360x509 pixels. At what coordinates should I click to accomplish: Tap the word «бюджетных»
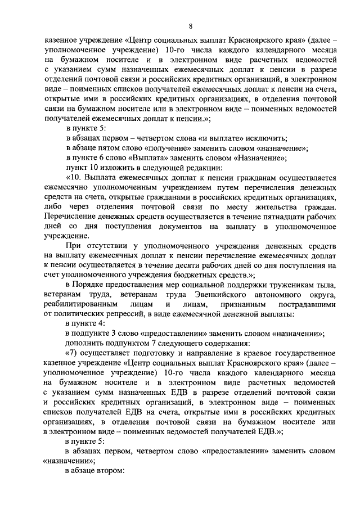(x=201, y=275)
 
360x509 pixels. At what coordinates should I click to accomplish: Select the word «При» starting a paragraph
(x=74, y=246)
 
